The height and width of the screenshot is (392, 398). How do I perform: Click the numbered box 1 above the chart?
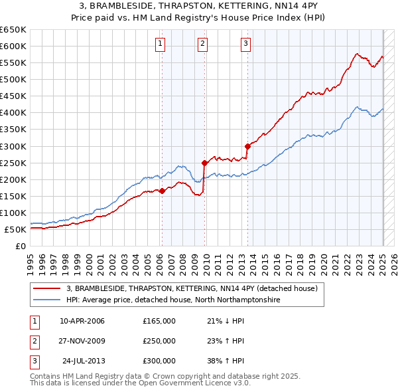coord(161,45)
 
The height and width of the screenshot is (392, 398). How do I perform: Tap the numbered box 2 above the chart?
coord(202,45)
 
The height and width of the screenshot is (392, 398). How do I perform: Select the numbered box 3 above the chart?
coord(245,45)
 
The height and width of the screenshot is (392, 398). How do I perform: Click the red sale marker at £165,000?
coord(162,191)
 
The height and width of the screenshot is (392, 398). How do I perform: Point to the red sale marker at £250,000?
coord(205,162)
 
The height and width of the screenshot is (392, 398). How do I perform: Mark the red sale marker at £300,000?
coord(247,146)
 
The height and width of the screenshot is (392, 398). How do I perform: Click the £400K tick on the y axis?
coord(13,113)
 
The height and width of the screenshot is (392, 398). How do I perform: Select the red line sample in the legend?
coord(46,288)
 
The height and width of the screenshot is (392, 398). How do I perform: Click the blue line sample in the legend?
coord(46,300)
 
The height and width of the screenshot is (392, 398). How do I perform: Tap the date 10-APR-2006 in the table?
coord(82,321)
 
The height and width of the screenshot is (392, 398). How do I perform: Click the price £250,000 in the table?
coord(159,341)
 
